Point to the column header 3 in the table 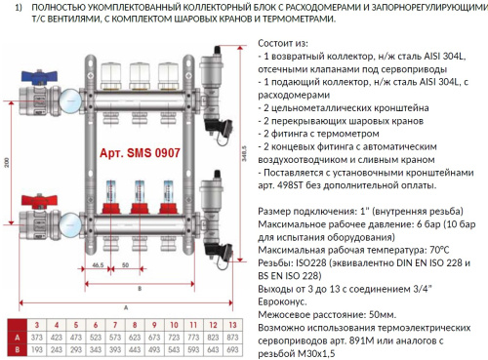[36, 321]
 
